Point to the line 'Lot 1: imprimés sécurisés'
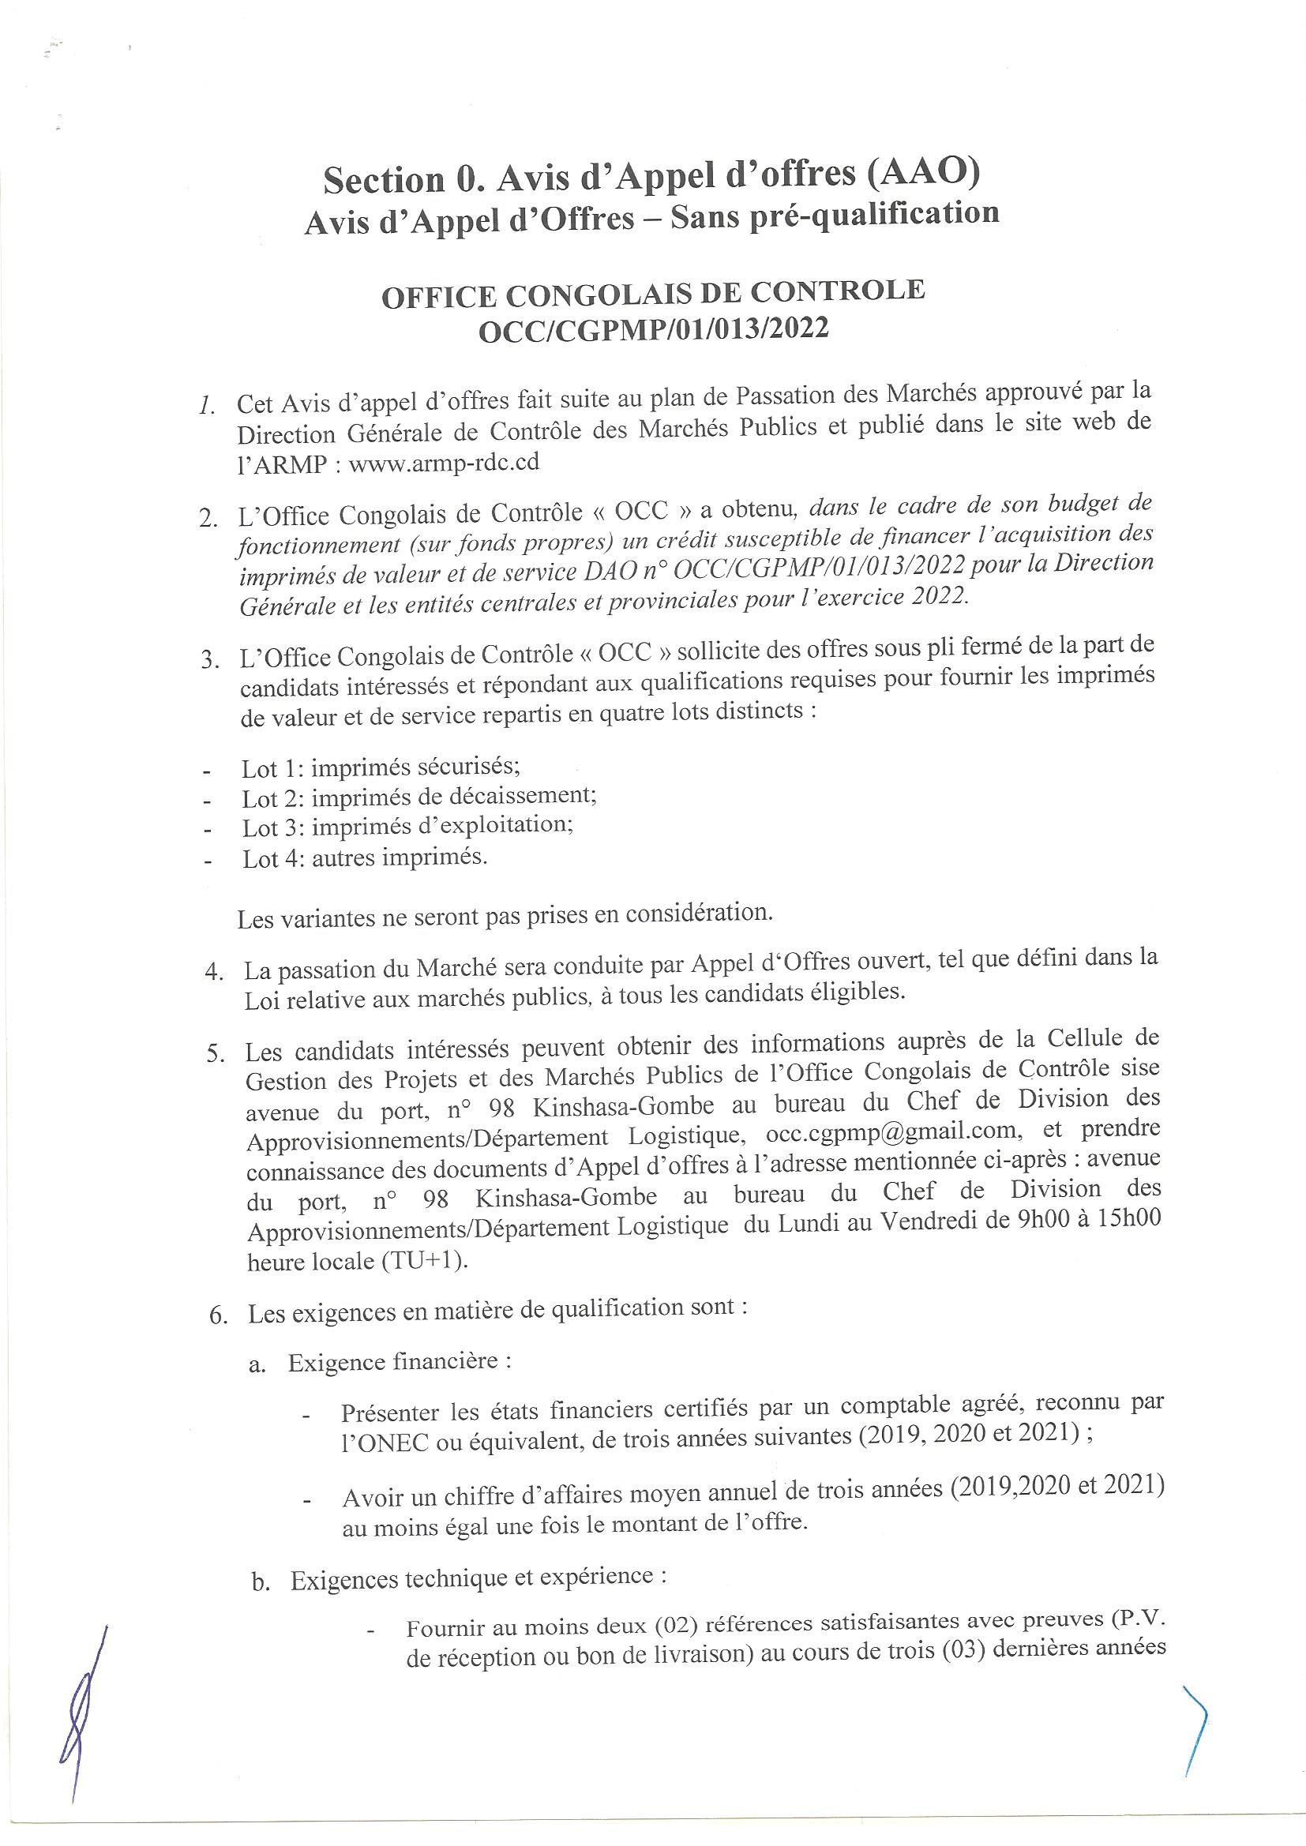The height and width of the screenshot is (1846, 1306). [381, 767]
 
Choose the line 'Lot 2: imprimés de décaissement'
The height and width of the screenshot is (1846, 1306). [419, 797]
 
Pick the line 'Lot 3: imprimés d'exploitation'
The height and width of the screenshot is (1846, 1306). [407, 827]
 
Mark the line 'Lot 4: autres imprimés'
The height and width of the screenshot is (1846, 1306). [365, 857]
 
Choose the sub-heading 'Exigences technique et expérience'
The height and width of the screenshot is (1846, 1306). [478, 1579]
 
